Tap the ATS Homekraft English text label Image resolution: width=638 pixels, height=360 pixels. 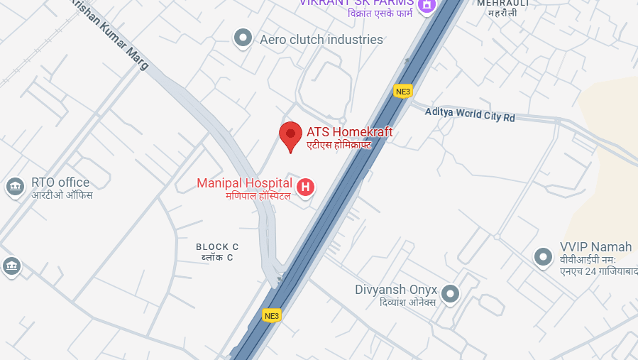tap(349, 132)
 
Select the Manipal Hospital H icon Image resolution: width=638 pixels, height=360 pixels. tap(305, 187)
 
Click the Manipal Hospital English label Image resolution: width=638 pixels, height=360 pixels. tap(244, 183)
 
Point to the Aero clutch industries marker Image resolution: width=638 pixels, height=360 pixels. tap(243, 38)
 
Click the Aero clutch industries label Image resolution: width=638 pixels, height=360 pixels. tap(321, 40)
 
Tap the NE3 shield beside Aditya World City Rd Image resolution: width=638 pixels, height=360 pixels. tap(403, 91)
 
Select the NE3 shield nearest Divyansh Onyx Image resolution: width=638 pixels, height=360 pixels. tap(272, 315)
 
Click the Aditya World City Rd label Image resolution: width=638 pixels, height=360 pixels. tap(470, 114)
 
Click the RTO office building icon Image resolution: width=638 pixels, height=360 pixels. tap(14, 187)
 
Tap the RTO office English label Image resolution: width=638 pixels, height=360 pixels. tap(60, 182)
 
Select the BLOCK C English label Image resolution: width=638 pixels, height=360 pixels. tap(217, 246)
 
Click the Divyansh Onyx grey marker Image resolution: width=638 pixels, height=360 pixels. tap(450, 293)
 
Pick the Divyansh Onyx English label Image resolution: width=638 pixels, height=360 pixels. tap(396, 290)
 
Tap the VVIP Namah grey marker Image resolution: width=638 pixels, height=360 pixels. tap(543, 256)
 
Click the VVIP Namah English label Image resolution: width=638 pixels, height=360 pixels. tap(595, 247)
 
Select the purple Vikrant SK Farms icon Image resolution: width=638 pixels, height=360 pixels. tap(426, 6)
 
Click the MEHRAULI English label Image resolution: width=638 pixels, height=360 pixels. tap(503, 3)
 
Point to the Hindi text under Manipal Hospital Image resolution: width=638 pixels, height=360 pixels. tap(258, 195)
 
